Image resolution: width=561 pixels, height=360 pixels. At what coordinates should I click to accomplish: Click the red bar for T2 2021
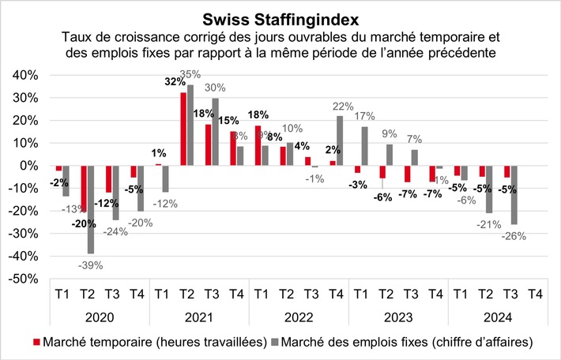(x=183, y=129)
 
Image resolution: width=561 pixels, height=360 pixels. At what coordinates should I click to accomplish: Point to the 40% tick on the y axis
(x=24, y=75)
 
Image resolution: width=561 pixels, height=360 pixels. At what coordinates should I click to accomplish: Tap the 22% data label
(x=343, y=107)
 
